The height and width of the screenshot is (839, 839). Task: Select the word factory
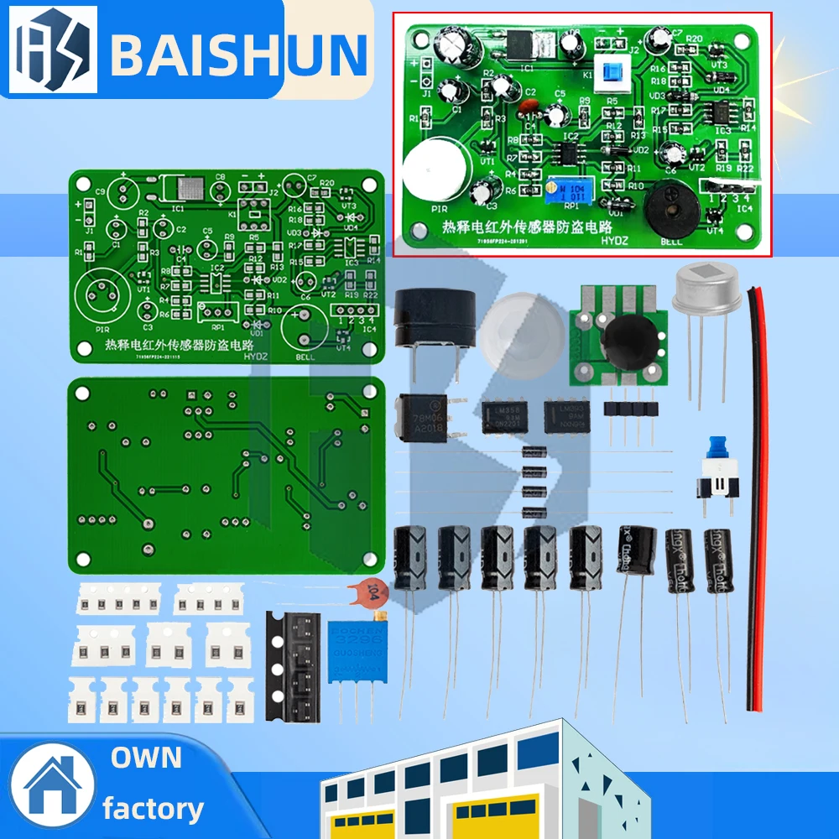click(153, 809)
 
